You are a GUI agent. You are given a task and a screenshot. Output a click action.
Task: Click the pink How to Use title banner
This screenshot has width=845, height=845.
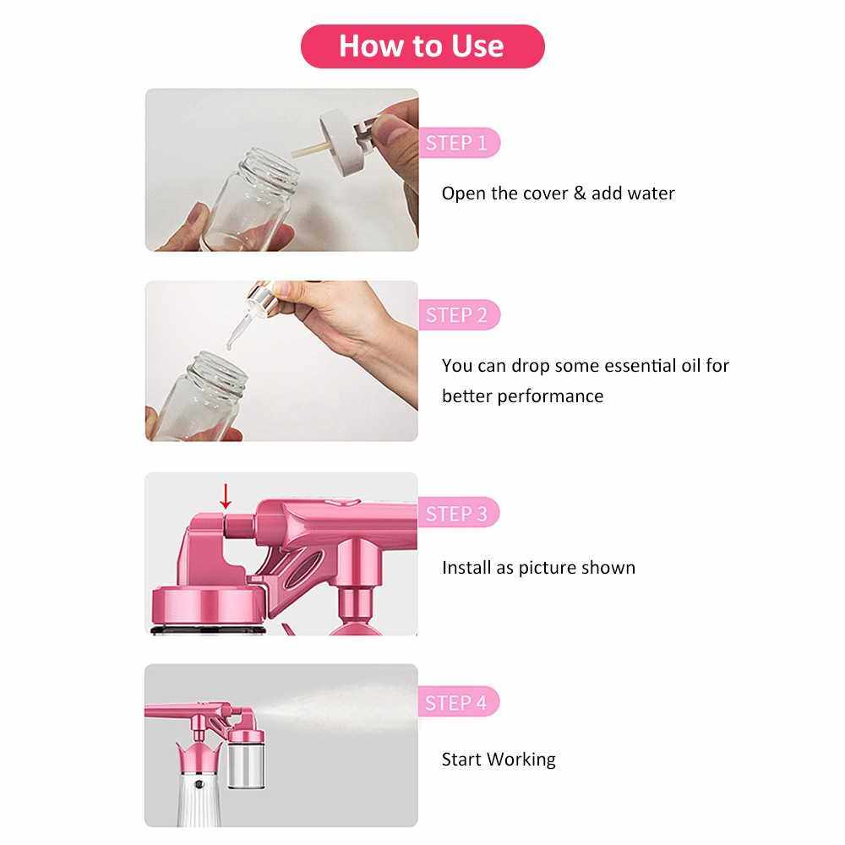tap(422, 46)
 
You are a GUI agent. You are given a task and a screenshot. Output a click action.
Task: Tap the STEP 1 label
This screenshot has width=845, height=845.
tap(459, 143)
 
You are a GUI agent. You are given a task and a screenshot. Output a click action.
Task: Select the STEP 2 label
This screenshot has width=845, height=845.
tap(459, 314)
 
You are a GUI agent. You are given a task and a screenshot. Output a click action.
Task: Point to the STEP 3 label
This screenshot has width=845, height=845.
tap(459, 513)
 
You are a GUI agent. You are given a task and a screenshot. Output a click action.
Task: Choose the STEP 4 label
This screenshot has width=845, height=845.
tap(459, 701)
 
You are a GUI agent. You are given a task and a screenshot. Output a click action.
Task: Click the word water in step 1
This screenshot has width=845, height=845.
tap(648, 194)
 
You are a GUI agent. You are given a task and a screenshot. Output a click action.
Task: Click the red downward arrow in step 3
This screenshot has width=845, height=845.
tap(226, 496)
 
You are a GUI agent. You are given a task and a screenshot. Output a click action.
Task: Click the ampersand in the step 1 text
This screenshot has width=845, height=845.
tap(580, 193)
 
